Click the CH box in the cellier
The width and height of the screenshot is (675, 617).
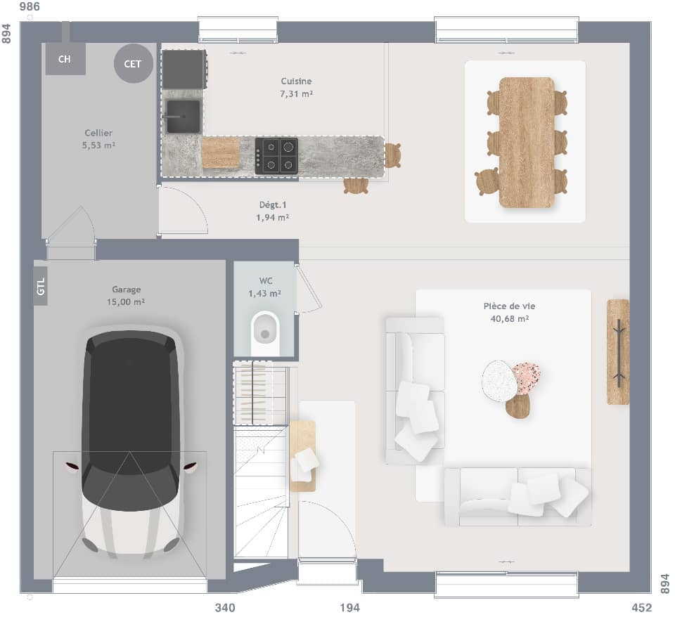point(65,59)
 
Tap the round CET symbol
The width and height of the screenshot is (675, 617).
point(133,64)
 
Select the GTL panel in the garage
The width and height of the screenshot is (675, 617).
point(41,286)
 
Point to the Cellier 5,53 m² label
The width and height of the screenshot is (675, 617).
point(98,139)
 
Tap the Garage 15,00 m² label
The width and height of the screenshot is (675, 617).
point(127,295)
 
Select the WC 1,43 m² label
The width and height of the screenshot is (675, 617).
point(265,287)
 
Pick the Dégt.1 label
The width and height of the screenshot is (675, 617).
point(273,211)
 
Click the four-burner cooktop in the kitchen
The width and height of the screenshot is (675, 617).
point(276,155)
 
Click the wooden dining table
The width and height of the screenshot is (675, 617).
point(527,143)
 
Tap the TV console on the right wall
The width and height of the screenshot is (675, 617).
point(618,351)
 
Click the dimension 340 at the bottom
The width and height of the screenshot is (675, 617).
point(225,608)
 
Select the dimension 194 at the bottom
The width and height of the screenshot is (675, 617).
point(349,608)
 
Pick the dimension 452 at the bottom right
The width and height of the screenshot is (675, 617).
point(641,608)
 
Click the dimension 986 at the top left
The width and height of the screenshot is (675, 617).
point(30,7)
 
